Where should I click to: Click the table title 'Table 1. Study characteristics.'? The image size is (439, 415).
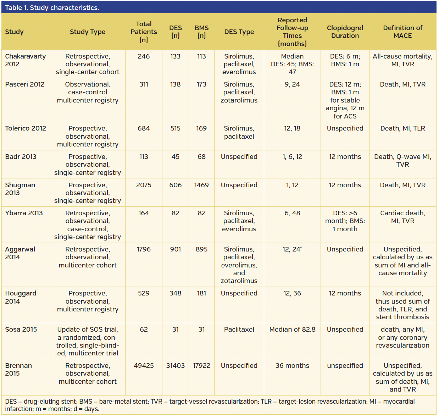click(52, 7)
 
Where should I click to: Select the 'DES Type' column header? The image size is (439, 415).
click(239, 32)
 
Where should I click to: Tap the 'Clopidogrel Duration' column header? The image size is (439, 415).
click(345, 32)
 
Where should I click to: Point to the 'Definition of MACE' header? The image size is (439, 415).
click(402, 32)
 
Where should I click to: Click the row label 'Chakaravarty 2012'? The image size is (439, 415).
click(25, 60)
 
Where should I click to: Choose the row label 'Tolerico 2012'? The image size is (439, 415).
click(26, 128)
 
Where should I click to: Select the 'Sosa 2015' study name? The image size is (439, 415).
click(21, 330)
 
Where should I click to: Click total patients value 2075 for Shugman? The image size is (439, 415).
click(144, 185)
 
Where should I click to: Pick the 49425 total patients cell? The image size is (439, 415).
click(144, 366)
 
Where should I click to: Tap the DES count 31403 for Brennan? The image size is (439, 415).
click(175, 366)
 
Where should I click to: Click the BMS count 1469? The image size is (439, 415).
click(201, 185)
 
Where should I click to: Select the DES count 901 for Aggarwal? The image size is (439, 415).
click(175, 249)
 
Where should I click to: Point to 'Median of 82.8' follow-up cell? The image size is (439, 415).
click(292, 330)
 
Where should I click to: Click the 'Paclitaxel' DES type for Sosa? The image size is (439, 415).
click(239, 330)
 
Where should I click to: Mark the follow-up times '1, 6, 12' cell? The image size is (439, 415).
click(292, 157)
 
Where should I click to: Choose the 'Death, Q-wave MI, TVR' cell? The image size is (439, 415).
click(402, 161)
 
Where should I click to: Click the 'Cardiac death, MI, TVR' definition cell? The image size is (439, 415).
click(402, 217)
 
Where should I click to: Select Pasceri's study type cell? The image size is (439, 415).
click(88, 92)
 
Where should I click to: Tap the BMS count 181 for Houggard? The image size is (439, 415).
click(201, 293)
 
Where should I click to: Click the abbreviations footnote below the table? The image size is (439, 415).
click(209, 405)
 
